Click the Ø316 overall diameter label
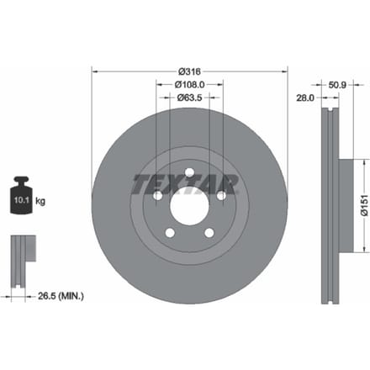190,71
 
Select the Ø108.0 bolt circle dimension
190,84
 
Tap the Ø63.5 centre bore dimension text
190,98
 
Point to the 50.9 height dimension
337,85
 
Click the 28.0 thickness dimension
305,98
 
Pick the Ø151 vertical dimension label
364,205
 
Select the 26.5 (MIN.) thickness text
61,296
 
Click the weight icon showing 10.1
21,195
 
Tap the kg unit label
40,201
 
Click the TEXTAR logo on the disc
185,185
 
